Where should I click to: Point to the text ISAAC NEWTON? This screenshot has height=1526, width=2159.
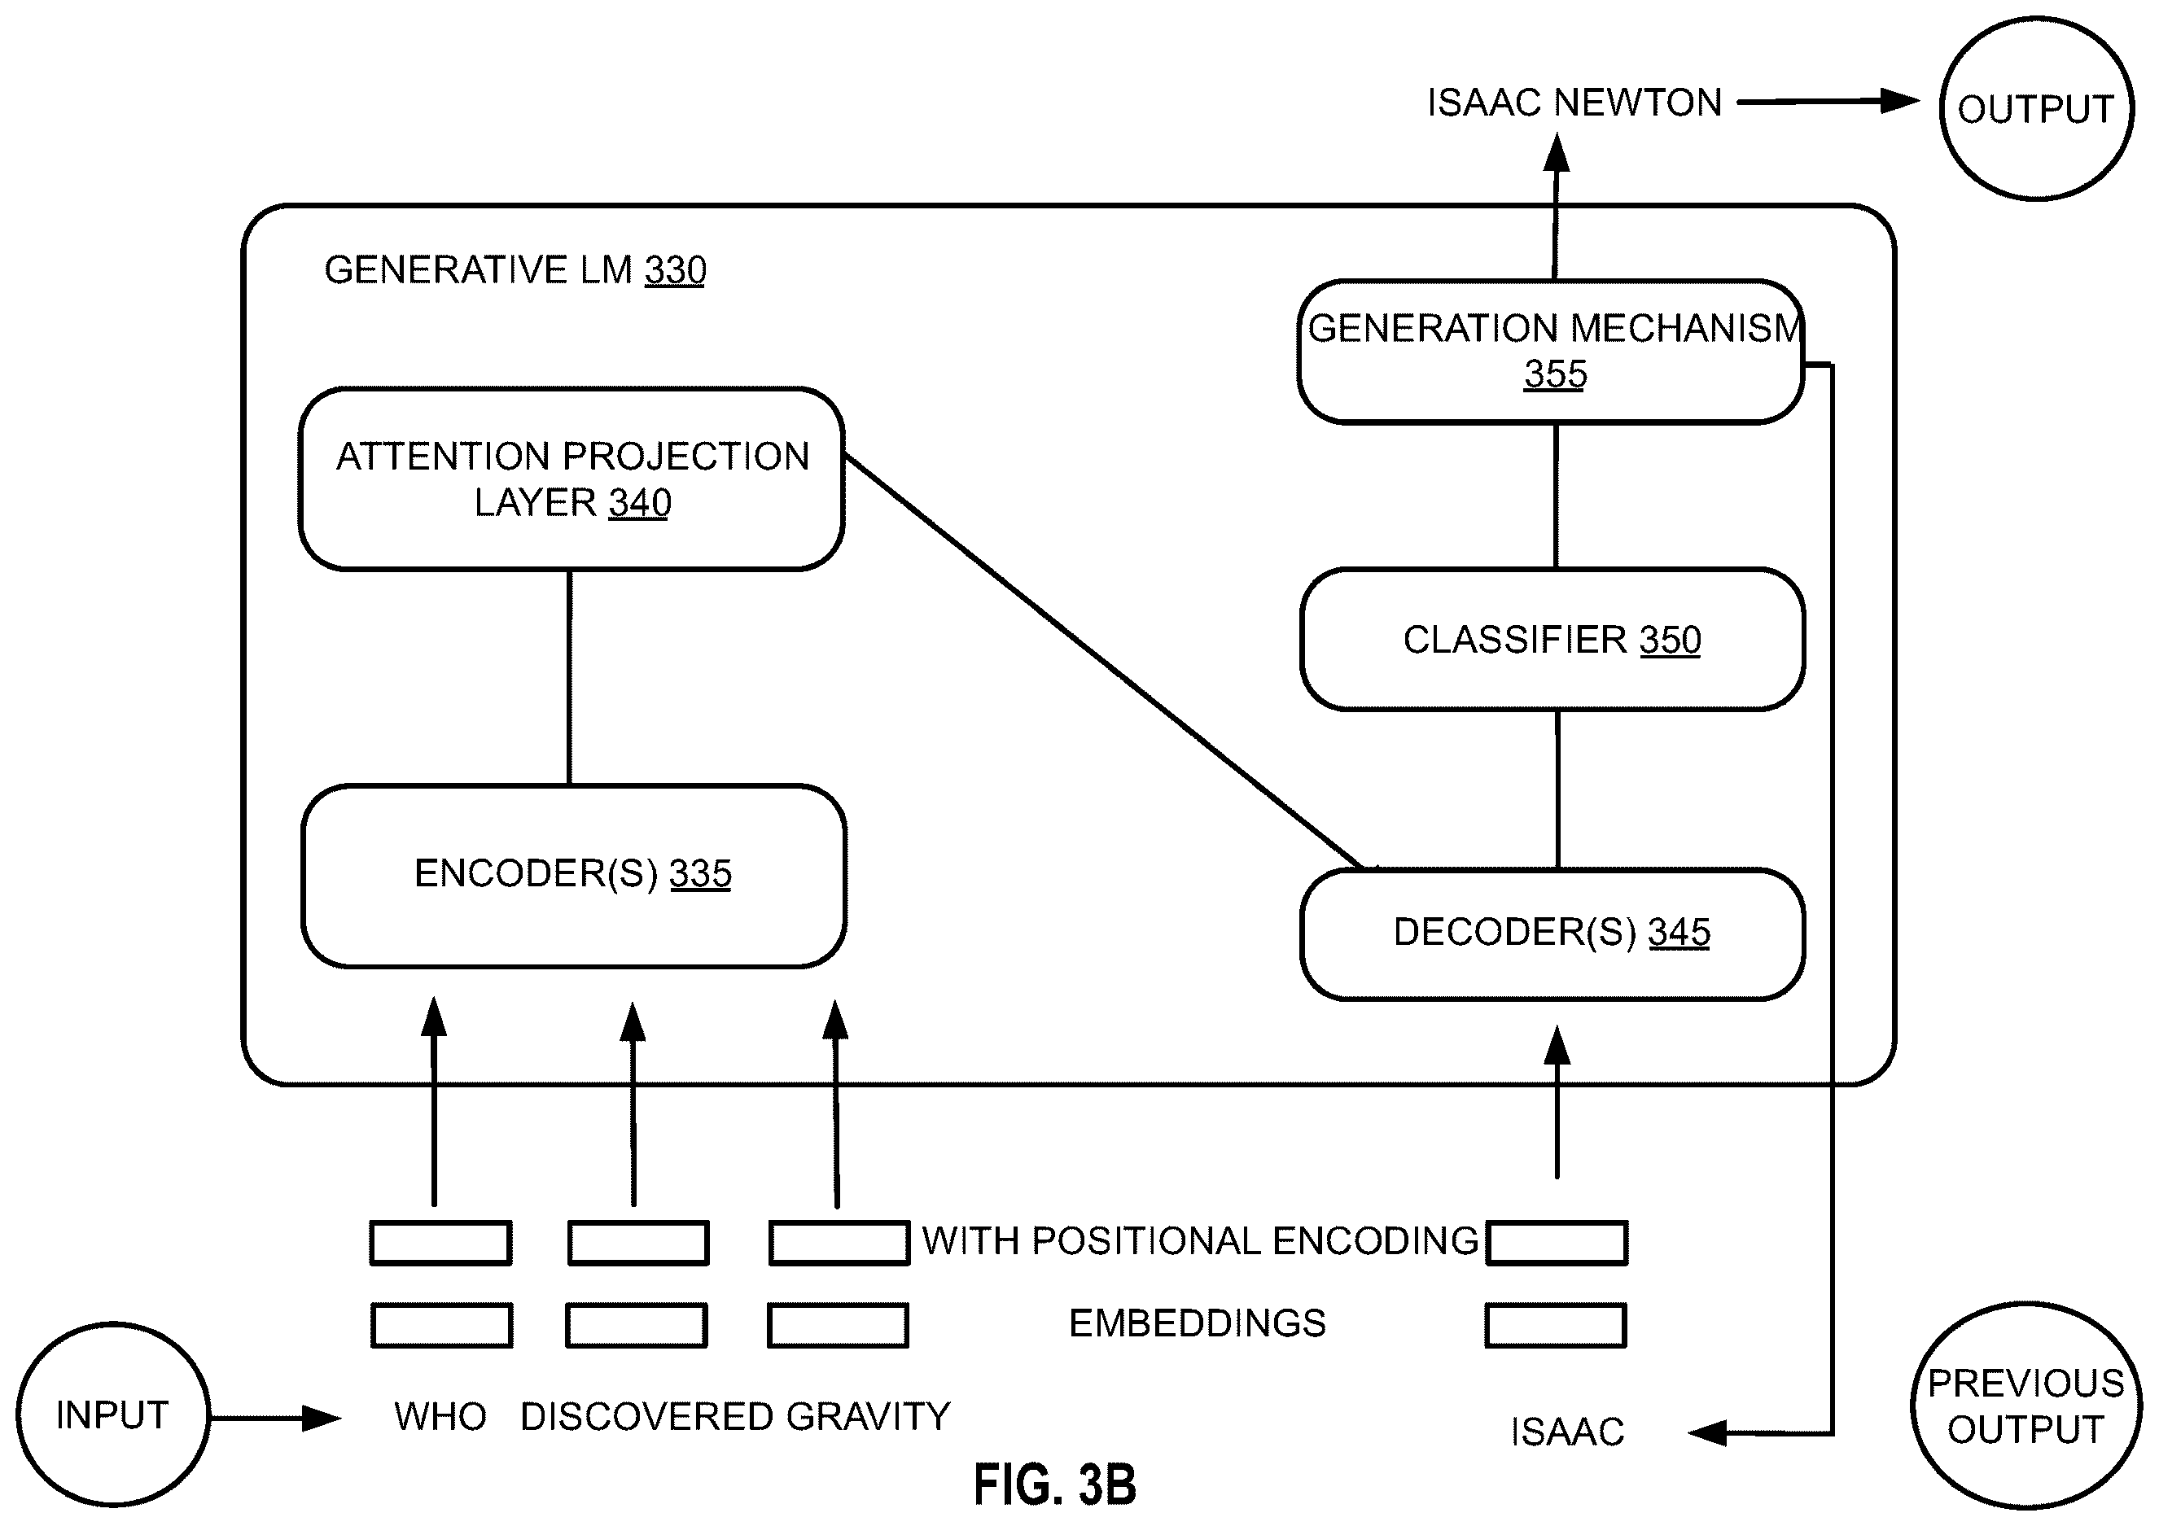[1574, 103]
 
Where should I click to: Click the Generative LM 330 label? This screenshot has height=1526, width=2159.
[515, 270]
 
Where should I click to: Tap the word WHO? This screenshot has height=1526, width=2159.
[440, 1416]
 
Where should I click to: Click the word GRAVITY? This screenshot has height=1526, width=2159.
[868, 1416]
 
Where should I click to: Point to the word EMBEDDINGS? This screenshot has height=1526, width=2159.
[1197, 1324]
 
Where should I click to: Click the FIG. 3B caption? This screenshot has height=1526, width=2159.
[1054, 1485]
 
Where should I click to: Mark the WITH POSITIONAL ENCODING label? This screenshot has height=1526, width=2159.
[1200, 1241]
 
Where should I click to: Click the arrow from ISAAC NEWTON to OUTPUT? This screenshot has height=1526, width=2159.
[1828, 102]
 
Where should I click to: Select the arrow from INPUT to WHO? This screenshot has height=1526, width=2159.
[275, 1418]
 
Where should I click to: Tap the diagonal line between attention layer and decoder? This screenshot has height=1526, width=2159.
[1104, 662]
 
